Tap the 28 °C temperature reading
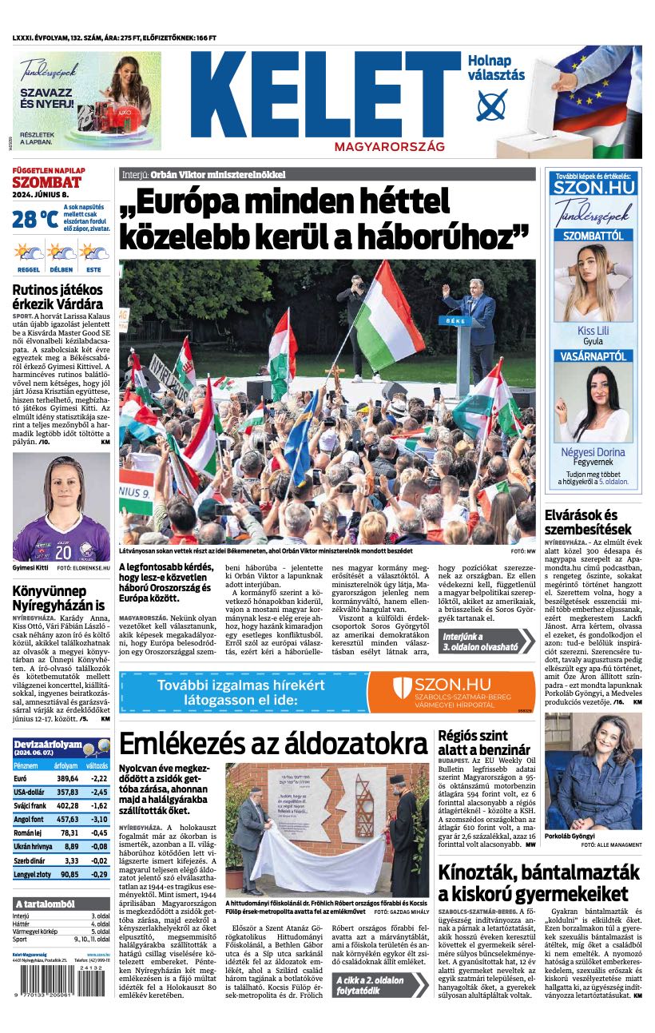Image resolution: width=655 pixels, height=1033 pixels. (34, 218)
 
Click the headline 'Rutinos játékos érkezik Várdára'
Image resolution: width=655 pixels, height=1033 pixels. (58, 296)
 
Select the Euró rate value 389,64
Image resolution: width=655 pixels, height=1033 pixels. (67, 778)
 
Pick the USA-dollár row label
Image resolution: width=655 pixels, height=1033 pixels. (32, 792)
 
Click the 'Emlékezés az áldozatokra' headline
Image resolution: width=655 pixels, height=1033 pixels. (273, 743)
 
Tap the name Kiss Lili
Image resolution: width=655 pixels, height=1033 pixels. (593, 331)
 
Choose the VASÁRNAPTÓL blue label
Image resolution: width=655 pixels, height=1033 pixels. (593, 356)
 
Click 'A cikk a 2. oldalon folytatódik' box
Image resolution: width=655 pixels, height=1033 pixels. (380, 986)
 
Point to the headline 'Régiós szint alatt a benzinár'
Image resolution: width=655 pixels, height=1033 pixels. (484, 742)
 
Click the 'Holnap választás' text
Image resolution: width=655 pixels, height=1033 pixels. (496, 68)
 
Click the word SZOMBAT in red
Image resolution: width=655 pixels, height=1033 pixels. (46, 182)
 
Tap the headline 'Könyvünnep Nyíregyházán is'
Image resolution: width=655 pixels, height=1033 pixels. (58, 598)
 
